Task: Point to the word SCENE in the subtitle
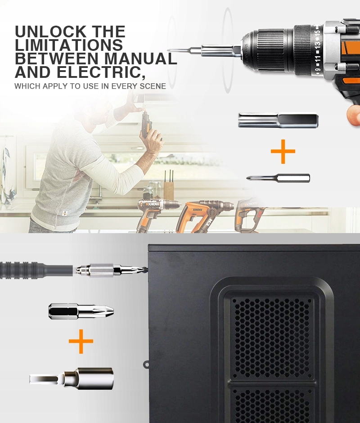point(153,86)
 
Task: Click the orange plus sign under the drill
point(283,151)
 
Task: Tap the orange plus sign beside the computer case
point(81,341)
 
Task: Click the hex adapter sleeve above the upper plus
point(278,120)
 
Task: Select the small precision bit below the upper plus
point(278,178)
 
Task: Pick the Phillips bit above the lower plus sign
point(81,311)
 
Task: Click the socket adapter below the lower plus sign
point(72,378)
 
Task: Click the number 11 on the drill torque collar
point(318,58)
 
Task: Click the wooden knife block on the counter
point(169,190)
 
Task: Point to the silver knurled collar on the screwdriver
point(101,270)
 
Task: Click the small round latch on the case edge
point(146,365)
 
